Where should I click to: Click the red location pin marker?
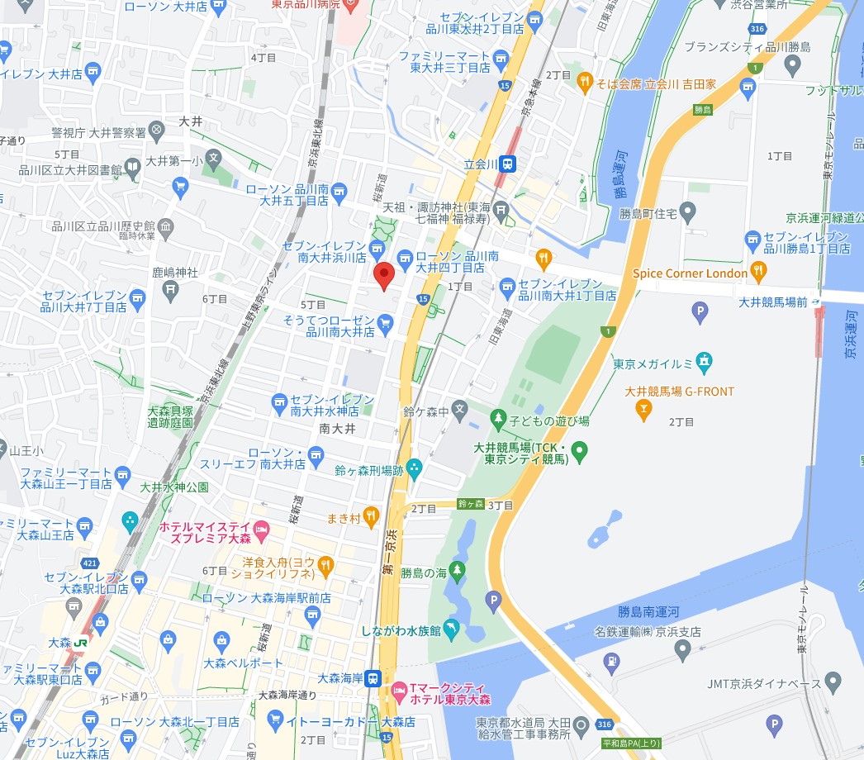tap(383, 275)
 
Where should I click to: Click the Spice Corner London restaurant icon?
tap(759, 272)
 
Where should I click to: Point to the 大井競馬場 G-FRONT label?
tap(680, 392)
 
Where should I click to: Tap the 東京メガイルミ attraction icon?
tap(704, 360)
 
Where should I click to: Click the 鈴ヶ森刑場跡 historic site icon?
tap(413, 470)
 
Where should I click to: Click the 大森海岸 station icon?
tap(373, 677)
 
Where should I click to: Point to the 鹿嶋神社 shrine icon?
tap(170, 288)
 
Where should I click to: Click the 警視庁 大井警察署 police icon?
tap(156, 132)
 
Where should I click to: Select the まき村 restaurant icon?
tap(371, 517)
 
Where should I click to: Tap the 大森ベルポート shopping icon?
tap(221, 640)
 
